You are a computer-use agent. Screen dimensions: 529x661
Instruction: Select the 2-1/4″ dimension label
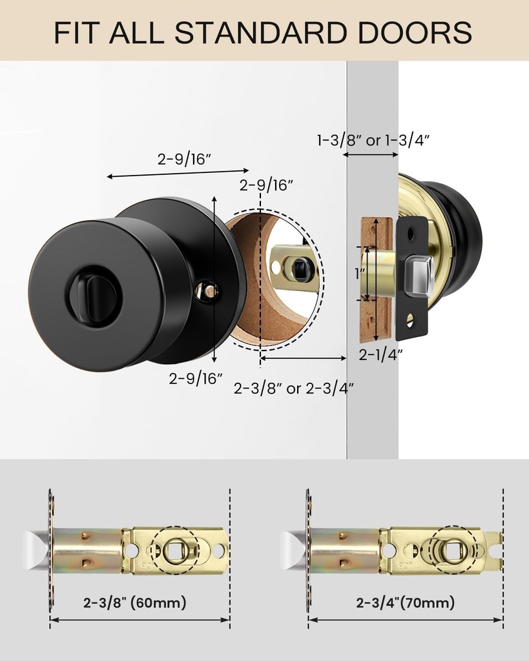point(380,355)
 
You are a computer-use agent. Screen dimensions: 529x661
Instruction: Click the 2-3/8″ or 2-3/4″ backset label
point(294,388)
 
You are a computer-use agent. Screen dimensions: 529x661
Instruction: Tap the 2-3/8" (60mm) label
point(134,602)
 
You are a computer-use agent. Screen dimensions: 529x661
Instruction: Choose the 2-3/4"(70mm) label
point(406,602)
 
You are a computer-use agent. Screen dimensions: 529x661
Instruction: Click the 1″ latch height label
point(359,274)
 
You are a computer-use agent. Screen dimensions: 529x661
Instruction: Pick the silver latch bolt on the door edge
point(419,276)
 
